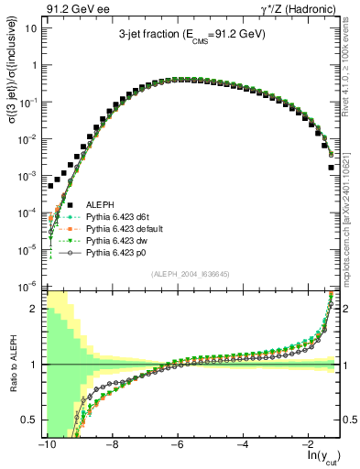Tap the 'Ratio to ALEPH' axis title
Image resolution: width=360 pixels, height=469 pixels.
[13, 364]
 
